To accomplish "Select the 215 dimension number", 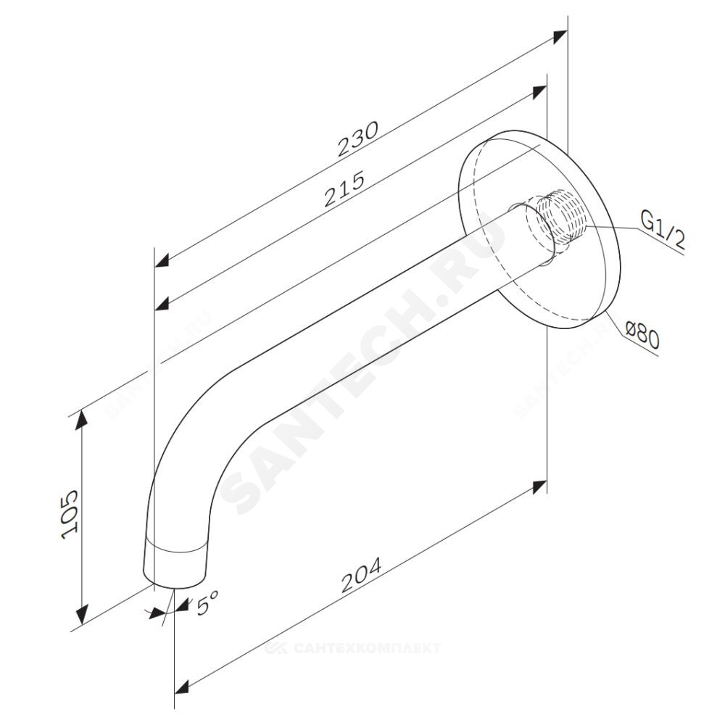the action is click(344, 188).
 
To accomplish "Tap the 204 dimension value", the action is click(361, 575).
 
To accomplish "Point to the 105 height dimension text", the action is click(70, 514).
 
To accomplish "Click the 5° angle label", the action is click(206, 602).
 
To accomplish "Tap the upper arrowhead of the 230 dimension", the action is click(560, 37).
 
